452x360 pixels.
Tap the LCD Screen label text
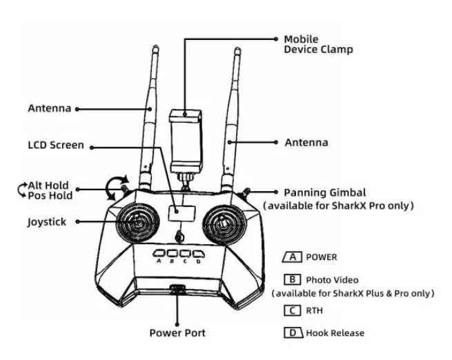[56, 146]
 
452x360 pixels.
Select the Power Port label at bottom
[177, 333]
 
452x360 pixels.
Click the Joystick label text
[48, 222]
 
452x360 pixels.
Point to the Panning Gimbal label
[324, 192]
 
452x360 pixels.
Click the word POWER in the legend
[322, 257]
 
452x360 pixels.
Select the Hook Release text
[335, 333]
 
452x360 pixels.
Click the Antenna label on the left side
[49, 108]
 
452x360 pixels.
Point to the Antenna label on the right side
[306, 143]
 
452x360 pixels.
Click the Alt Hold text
[48, 186]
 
